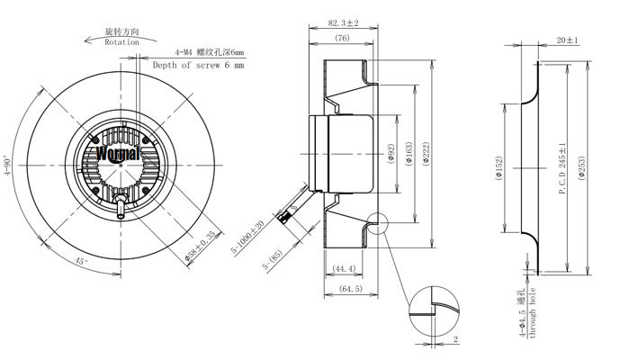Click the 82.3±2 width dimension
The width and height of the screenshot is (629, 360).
tap(344, 22)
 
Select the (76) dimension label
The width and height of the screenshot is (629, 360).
tap(342, 38)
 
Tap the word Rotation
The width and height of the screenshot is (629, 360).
tap(122, 42)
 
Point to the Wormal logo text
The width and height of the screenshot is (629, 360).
tap(119, 153)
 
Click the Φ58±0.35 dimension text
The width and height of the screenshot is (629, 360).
tap(202, 247)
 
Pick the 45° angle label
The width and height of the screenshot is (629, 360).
tap(81, 261)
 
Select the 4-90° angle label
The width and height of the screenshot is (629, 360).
tap(7, 166)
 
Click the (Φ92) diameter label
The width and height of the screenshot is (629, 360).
tap(392, 154)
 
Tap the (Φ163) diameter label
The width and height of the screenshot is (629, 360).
tap(409, 154)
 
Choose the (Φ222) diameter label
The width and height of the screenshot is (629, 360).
tap(426, 154)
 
